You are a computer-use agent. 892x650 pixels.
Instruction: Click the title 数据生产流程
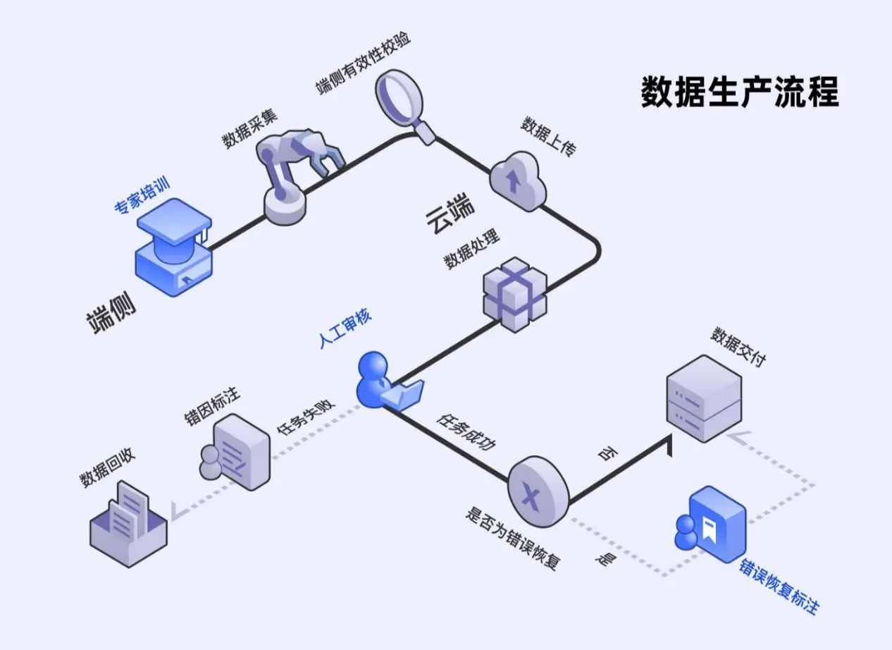[x=740, y=92]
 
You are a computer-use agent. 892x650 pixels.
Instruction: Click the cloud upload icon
[x=518, y=180]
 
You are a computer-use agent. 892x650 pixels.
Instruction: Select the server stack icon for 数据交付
[x=704, y=398]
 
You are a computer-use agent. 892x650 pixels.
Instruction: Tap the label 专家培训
[x=142, y=197]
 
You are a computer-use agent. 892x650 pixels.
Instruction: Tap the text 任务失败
[x=306, y=419]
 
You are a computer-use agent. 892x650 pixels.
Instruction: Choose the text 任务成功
[x=466, y=432]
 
